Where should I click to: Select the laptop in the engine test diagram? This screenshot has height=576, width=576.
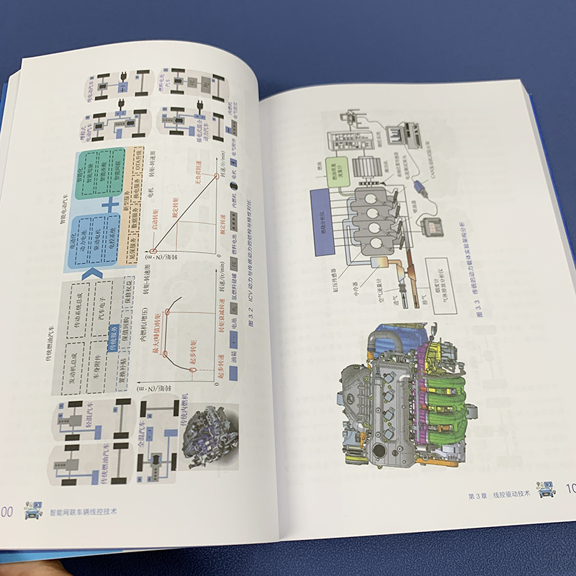pyautogui.click(x=403, y=133)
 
